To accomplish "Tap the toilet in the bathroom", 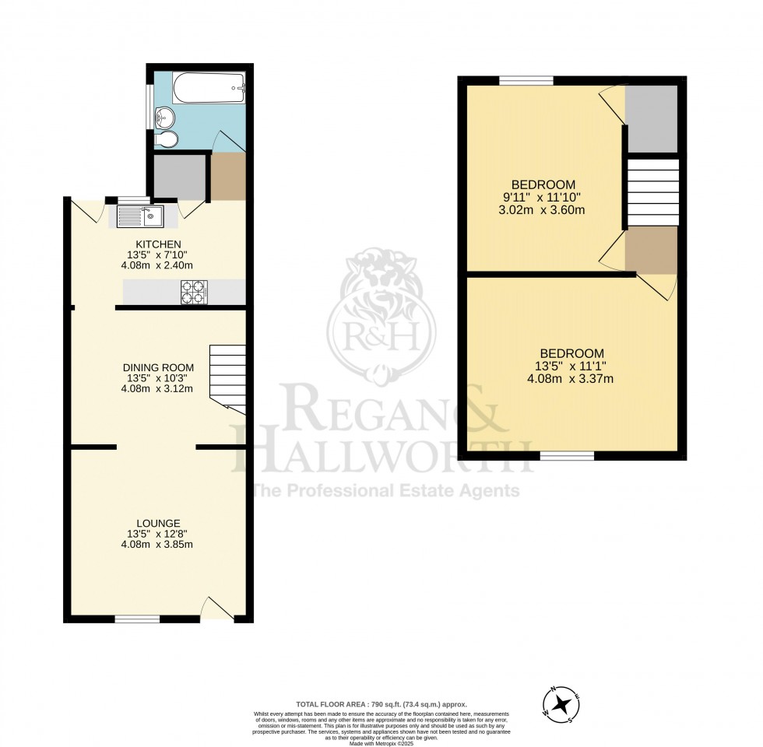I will (x=168, y=139).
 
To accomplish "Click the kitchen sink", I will (x=140, y=216).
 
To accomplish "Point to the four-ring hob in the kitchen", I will (x=194, y=292).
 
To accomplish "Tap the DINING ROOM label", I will (x=158, y=367).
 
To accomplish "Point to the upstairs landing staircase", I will (x=652, y=192).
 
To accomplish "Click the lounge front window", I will (x=137, y=619).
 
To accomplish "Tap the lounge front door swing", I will (x=216, y=608).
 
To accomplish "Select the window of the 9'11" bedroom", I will (x=526, y=79).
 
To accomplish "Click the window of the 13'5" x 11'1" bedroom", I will (x=567, y=456).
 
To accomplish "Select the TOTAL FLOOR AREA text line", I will (x=381, y=703).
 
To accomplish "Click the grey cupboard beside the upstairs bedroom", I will (x=652, y=118).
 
